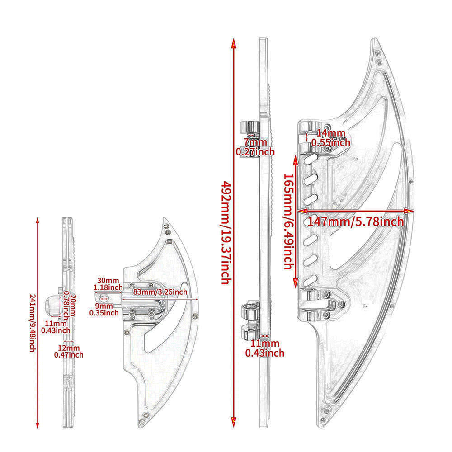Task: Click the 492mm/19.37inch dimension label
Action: pos(226,233)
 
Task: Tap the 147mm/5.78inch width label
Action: pos(356,221)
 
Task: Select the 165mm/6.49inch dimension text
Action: pos(289,221)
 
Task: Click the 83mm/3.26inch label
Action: pos(160,292)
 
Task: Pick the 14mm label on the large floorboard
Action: pos(331,133)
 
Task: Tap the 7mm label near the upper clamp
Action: pos(255,142)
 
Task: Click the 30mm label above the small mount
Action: pos(108,281)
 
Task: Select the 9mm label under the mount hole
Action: pos(104,306)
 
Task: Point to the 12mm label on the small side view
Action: pos(69,348)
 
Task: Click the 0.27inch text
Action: pos(255,152)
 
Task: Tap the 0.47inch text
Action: pos(69,355)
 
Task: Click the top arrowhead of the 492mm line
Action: pos(234,43)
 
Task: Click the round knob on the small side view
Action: pos(52,305)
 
